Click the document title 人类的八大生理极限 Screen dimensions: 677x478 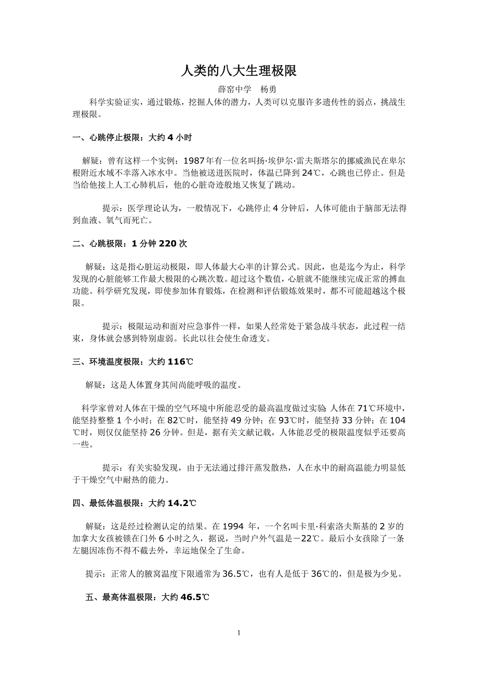pyautogui.click(x=238, y=71)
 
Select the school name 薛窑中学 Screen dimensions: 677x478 pyautogui.click(x=234, y=89)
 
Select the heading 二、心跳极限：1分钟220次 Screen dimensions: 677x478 pyautogui.click(x=130, y=243)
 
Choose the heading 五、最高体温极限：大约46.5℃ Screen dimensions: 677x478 pyautogui.click(x=147, y=597)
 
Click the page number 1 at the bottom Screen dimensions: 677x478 pyautogui.click(x=238, y=633)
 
